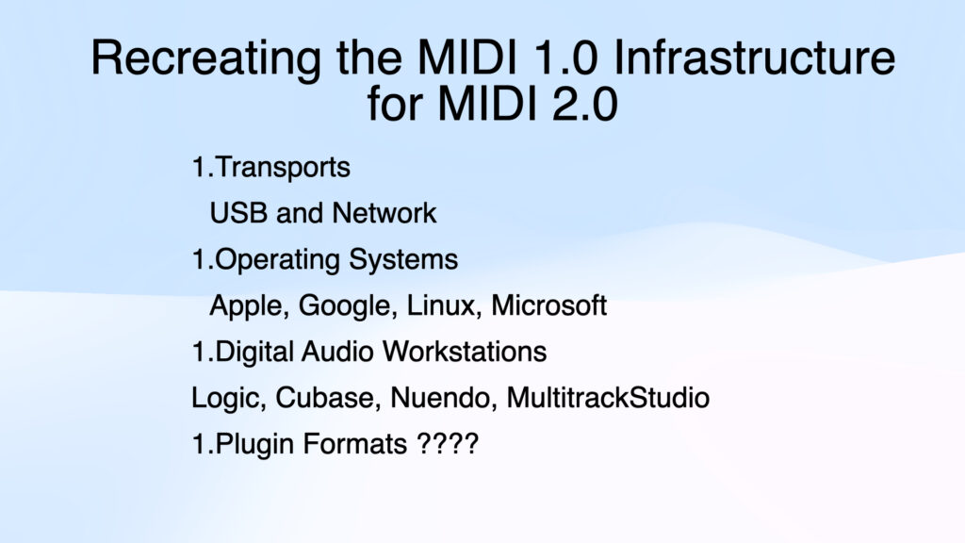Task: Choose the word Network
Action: pos(384,213)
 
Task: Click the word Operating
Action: pos(275,259)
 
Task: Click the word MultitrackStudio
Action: pos(608,398)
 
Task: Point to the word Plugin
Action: pos(248,444)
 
